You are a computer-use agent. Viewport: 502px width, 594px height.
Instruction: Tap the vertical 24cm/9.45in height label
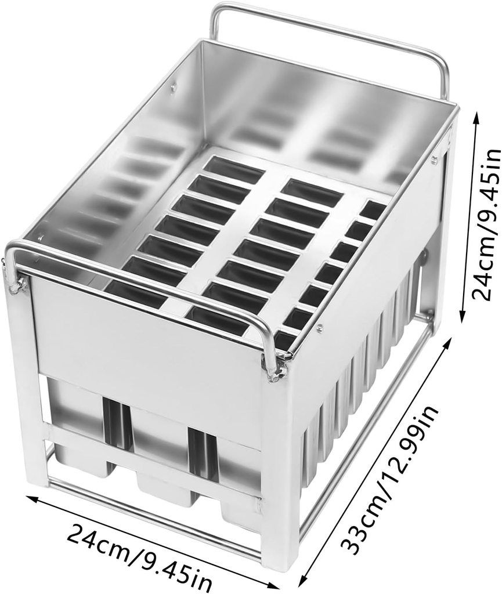pyautogui.click(x=486, y=223)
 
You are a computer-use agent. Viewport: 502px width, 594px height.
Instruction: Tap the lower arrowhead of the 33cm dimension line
pyautogui.click(x=303, y=582)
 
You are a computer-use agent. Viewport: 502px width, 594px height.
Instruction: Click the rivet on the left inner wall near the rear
pyautogui.click(x=173, y=88)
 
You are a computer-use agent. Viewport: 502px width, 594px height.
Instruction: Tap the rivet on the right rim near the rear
pyautogui.click(x=434, y=160)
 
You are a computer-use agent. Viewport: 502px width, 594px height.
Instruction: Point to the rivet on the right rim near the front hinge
pyautogui.click(x=320, y=329)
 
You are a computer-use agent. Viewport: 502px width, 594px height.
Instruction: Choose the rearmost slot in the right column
pyautogui.click(x=373, y=209)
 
